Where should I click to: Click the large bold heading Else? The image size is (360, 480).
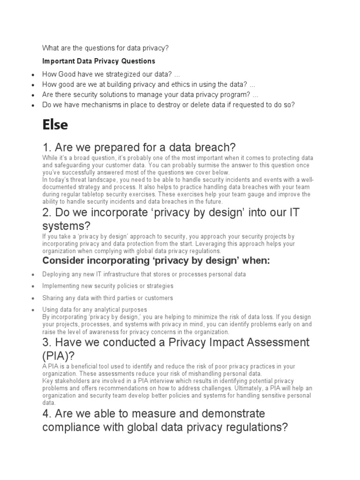point(55,125)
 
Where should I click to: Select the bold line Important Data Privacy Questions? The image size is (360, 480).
point(98,61)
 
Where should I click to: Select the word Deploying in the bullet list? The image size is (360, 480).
point(58,274)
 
